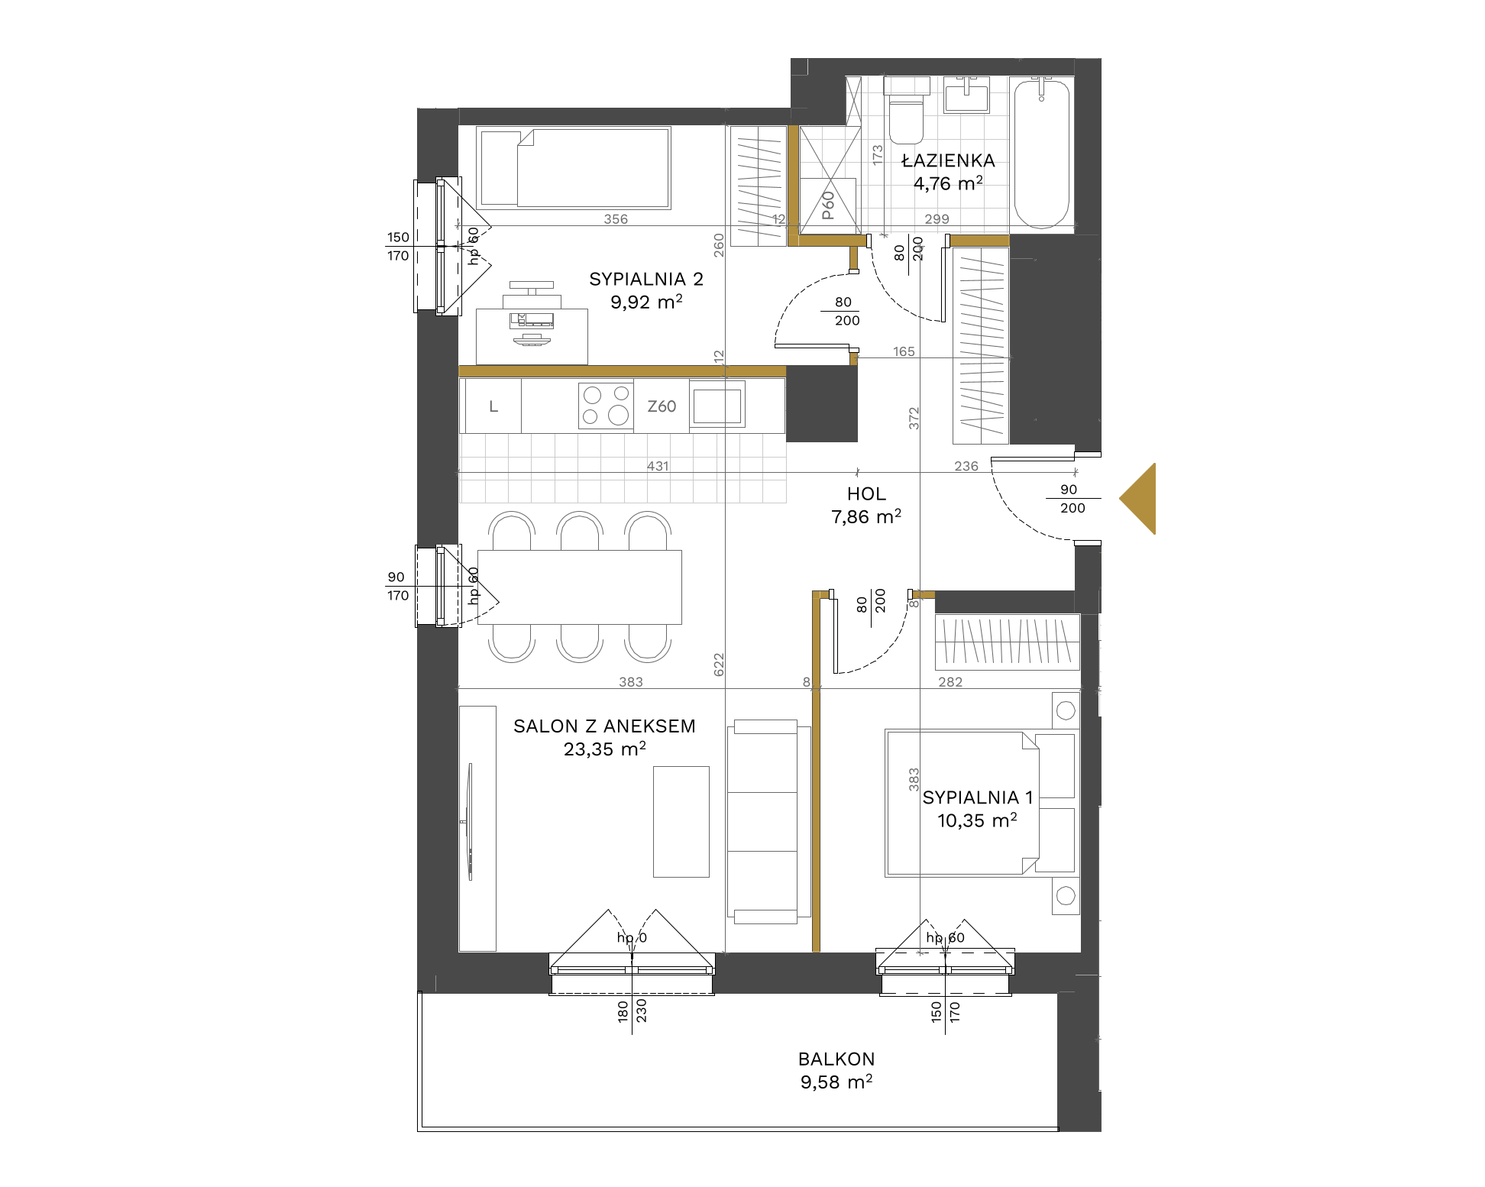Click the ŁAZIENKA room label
948,160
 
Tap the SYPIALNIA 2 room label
646,280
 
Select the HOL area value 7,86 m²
866,517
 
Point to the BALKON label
836,1059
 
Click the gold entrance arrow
1138,499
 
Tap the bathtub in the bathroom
1041,153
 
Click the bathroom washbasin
966,95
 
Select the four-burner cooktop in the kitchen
606,406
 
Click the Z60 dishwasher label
662,407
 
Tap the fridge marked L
493,406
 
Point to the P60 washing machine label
828,205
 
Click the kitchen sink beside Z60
717,406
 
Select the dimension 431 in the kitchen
658,466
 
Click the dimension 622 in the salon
719,665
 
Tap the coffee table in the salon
681,822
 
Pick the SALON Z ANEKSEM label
604,726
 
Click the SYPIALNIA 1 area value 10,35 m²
977,820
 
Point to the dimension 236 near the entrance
966,466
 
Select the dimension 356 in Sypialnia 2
616,219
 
